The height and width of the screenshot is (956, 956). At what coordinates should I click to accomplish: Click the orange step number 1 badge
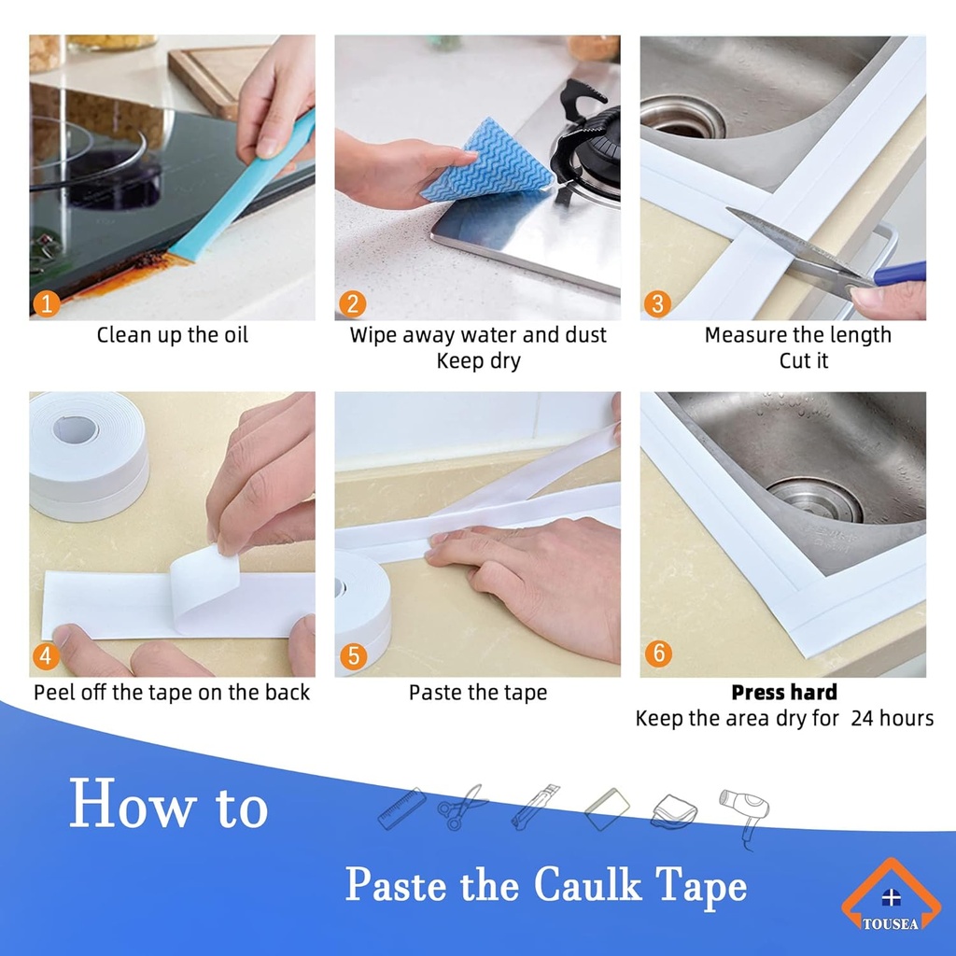click(x=48, y=303)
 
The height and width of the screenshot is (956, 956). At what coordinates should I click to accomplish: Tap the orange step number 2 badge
click(x=352, y=303)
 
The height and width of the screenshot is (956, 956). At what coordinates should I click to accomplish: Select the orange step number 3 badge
click(x=657, y=303)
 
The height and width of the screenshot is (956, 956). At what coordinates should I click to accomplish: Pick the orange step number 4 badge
click(x=48, y=655)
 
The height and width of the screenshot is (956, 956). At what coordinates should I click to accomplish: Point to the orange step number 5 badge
click(x=352, y=655)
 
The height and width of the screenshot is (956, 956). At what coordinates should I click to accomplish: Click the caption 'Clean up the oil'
click(x=173, y=335)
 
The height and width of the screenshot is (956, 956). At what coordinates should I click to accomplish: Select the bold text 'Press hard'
click(x=783, y=693)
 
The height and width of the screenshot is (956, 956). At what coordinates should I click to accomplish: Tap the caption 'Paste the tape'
click(x=477, y=693)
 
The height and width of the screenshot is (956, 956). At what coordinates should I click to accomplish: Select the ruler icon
click(x=401, y=808)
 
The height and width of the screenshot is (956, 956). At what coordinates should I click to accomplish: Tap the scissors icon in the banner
click(x=462, y=808)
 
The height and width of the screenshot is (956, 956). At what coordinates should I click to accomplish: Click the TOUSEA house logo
click(x=891, y=896)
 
